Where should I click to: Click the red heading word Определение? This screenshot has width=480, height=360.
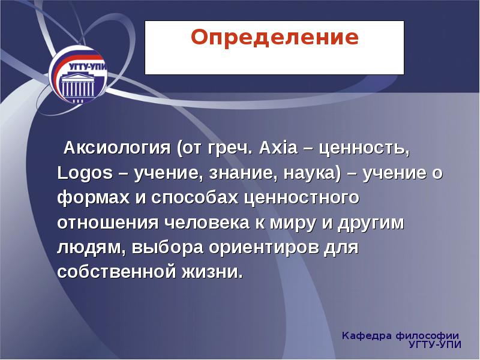tap(274, 38)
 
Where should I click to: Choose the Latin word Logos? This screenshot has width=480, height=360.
tap(85, 173)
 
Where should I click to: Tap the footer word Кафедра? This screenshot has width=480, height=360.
tap(367, 335)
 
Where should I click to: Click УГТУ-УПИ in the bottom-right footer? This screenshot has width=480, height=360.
tap(433, 345)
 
